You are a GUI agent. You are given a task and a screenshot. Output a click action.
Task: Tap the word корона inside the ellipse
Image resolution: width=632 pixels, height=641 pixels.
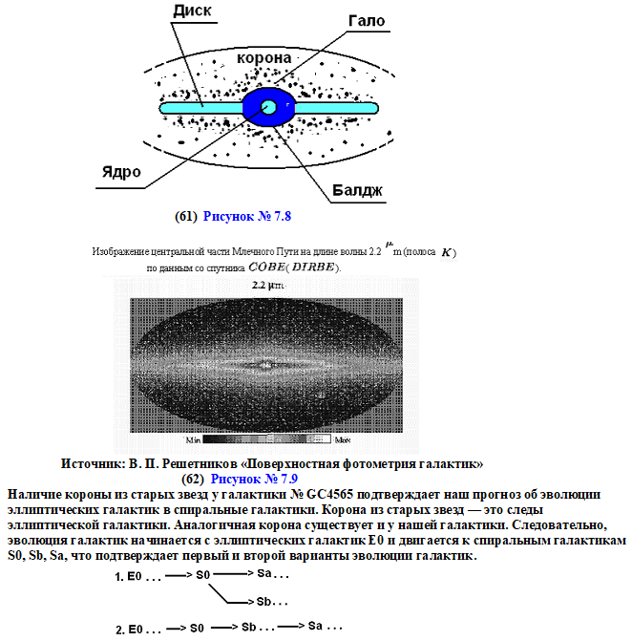[263, 58]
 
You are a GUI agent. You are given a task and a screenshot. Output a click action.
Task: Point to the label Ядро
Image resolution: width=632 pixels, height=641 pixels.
[121, 172]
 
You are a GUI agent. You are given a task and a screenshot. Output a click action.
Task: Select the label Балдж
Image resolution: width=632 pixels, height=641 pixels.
[356, 191]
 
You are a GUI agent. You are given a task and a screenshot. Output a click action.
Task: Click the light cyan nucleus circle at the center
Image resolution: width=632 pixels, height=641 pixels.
[268, 108]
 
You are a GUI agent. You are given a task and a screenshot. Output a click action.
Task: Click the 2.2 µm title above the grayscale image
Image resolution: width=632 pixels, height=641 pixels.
[267, 286]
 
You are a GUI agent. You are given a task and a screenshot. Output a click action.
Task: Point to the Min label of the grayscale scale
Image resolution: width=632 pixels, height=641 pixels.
[194, 440]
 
